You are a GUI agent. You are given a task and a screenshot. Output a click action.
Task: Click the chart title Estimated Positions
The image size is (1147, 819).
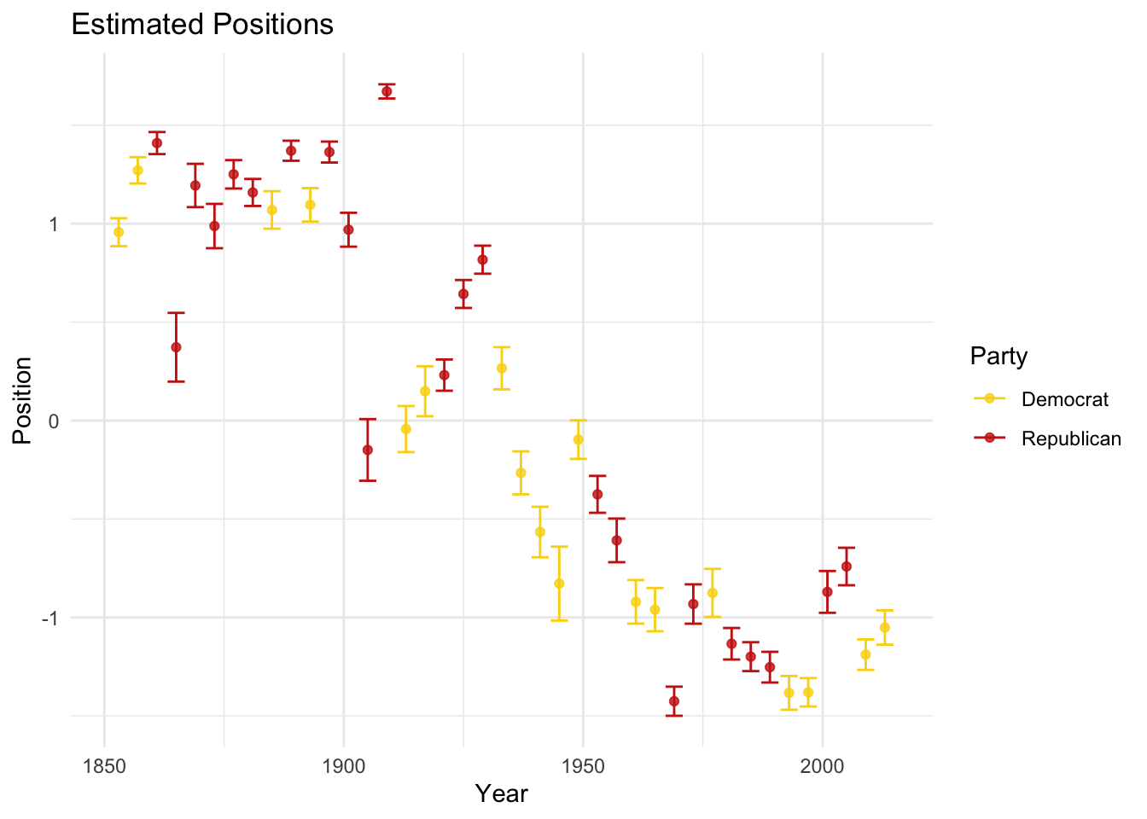click(x=202, y=24)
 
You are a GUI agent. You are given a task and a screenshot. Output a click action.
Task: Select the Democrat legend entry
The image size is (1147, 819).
click(x=1064, y=398)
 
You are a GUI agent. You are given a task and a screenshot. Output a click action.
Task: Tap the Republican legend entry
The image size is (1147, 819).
click(x=1070, y=439)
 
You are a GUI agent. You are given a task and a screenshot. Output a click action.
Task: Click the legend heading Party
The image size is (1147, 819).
click(x=999, y=356)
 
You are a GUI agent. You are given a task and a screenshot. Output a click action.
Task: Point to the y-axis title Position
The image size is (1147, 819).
click(x=22, y=400)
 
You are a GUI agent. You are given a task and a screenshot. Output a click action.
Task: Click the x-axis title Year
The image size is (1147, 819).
click(x=501, y=793)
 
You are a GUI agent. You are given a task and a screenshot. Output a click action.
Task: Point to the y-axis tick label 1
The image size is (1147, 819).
click(x=52, y=224)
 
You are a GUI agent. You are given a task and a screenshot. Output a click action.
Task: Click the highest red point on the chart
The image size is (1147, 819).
click(x=387, y=91)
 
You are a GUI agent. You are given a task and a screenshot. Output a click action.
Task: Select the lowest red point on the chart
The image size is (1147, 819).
click(x=674, y=701)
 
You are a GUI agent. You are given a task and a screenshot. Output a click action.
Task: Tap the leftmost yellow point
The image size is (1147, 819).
click(x=119, y=232)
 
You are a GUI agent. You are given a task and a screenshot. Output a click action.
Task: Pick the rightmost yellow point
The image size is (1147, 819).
click(x=885, y=628)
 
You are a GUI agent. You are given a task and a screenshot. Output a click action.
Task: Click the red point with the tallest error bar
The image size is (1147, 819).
click(x=176, y=347)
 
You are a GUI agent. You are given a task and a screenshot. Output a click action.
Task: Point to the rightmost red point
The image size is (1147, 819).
click(x=847, y=566)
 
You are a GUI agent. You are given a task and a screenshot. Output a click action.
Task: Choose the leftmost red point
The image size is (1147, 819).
click(x=157, y=143)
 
